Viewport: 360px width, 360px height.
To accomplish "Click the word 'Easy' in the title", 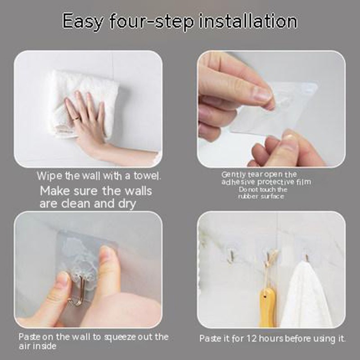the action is (83, 22).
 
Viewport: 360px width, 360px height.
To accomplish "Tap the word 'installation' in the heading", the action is (248, 21).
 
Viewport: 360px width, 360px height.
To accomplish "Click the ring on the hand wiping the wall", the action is (76, 118).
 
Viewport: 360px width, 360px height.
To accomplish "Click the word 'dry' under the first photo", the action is (127, 204).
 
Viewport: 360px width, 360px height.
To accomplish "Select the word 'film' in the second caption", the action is (303, 182).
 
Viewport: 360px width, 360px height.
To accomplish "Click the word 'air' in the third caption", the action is (24, 346).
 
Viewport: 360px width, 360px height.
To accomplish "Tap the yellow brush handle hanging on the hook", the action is (268, 307).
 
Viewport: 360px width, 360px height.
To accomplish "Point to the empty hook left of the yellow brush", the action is (231, 256).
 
